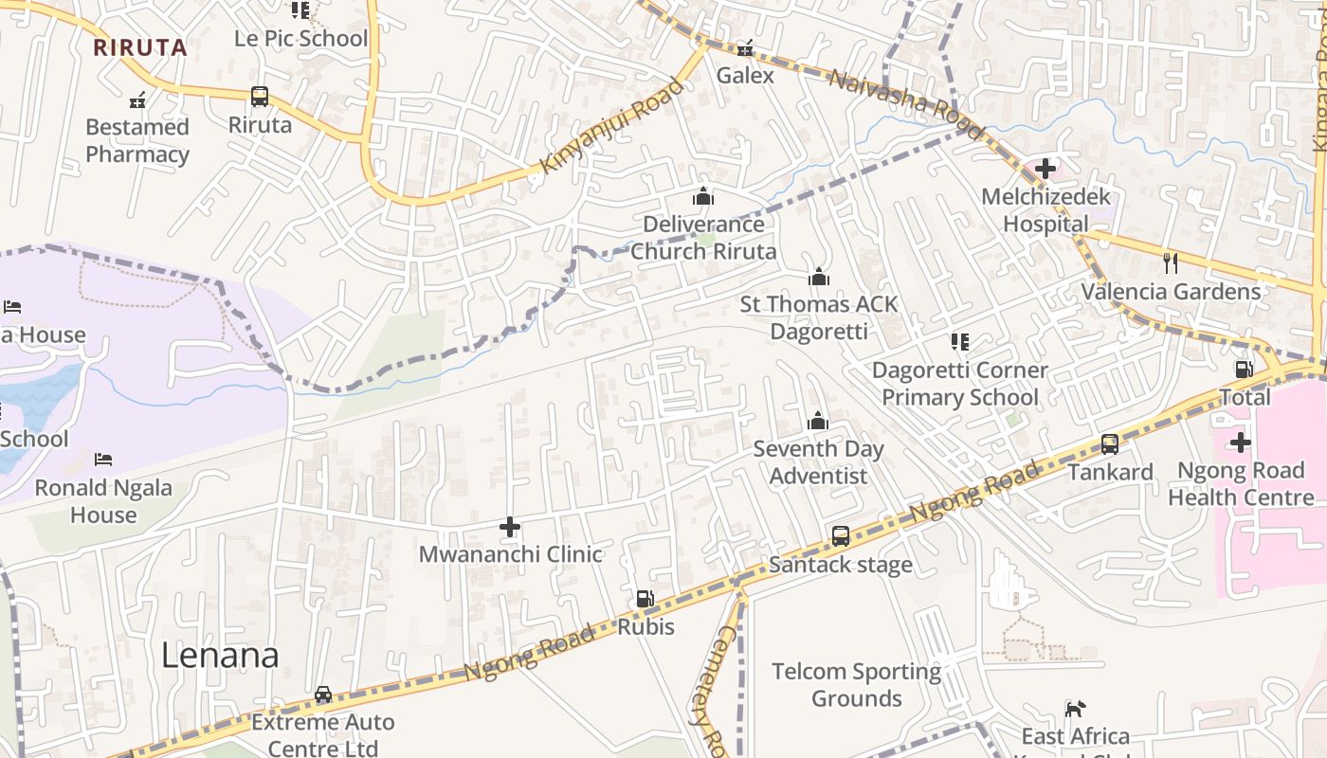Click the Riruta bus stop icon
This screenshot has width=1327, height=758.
pos(260,96)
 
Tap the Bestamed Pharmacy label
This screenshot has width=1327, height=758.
pos(137,140)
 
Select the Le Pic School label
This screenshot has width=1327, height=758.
pos(300,39)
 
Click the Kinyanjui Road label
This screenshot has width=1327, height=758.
pos(610,126)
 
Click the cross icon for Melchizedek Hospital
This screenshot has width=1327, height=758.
pos(1045,169)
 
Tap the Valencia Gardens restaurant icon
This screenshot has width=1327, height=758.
pos(1171,262)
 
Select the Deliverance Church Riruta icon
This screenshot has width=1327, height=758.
pos(703,196)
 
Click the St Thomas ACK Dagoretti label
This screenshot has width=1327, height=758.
pos(818,317)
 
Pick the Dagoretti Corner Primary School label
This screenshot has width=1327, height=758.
pos(959,383)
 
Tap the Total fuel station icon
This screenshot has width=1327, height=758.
pos(1243,369)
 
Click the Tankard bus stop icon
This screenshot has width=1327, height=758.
pos(1109,443)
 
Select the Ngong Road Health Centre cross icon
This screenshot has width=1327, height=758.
pos(1240,442)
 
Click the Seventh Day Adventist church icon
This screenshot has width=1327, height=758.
pos(817,421)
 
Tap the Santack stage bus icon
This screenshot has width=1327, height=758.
pos(840,535)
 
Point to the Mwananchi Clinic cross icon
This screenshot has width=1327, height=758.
pos(510,526)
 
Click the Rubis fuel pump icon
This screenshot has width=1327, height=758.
pos(645,598)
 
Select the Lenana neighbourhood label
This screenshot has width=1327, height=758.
pos(220,656)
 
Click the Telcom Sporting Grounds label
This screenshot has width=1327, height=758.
pos(856,685)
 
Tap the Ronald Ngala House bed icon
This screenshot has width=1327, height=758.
pos(103,460)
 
